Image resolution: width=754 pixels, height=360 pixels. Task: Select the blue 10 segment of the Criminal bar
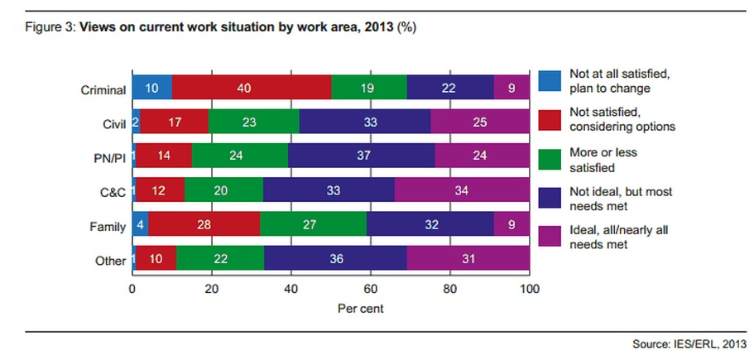click(x=152, y=89)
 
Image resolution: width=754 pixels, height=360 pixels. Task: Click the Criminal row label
click(x=104, y=89)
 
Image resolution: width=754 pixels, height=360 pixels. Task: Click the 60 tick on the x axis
click(x=371, y=290)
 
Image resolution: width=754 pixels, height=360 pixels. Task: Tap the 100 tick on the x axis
click(x=529, y=290)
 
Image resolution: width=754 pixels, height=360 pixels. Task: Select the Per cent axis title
click(x=331, y=309)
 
